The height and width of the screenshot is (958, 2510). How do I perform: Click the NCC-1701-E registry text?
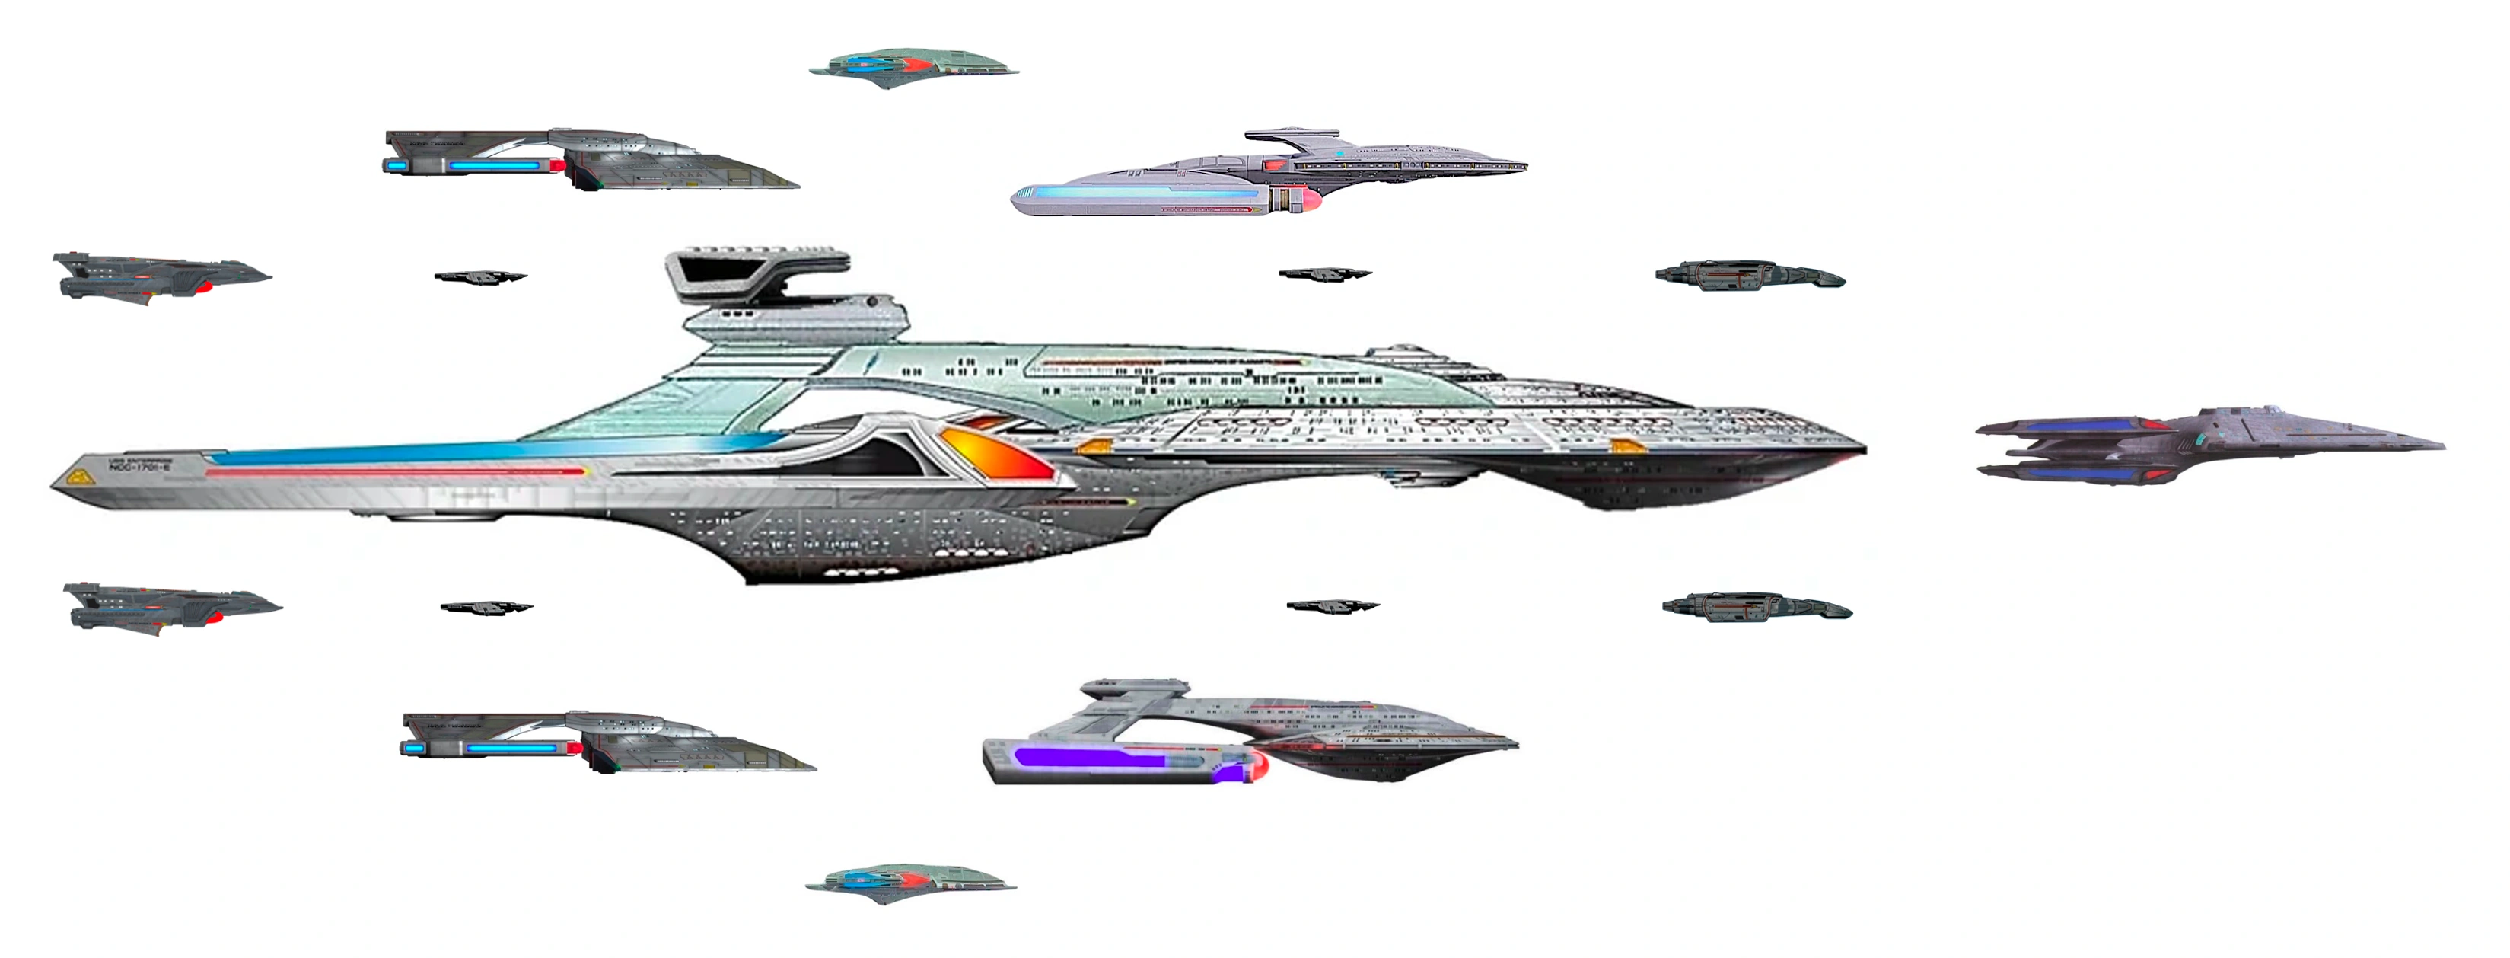point(140,467)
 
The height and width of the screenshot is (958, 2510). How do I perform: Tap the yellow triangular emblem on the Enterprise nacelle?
point(77,477)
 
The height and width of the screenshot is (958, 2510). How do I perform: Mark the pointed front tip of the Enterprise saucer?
point(1861,450)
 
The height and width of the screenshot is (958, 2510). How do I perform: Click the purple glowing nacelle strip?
point(1091,757)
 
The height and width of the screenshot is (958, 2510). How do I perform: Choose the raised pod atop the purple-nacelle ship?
point(1136,687)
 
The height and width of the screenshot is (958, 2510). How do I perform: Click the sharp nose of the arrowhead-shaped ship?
point(2441,445)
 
